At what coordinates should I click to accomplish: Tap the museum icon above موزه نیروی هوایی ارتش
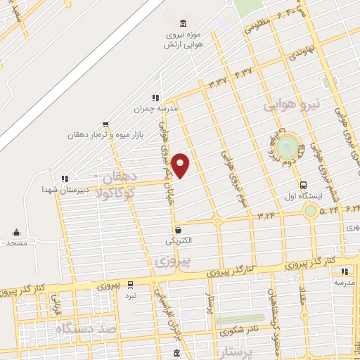[184, 23]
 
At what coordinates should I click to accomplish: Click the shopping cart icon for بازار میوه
[105, 124]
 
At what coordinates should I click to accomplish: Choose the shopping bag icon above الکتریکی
[179, 229]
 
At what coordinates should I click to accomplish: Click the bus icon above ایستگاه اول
[303, 185]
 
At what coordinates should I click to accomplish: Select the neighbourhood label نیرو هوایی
[291, 105]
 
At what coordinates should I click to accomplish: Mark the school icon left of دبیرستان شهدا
[65, 179]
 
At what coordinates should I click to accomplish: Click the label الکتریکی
[179, 240]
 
